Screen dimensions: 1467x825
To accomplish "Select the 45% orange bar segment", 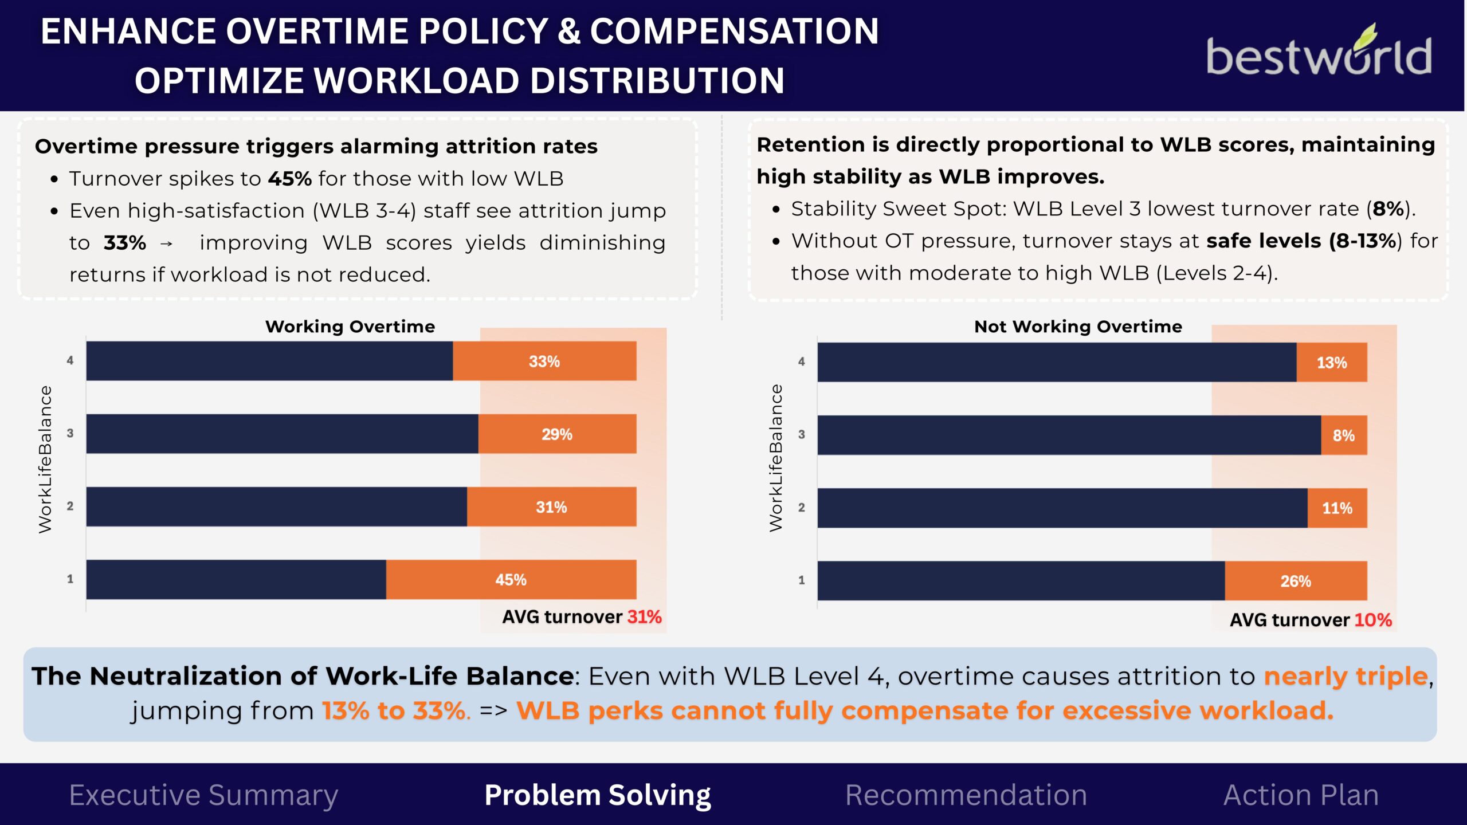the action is click(x=511, y=579).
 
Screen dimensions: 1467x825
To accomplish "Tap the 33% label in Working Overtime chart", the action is click(x=544, y=362).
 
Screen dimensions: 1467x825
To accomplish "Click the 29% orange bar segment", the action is click(x=558, y=434).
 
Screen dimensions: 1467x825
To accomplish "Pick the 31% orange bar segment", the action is click(x=552, y=506).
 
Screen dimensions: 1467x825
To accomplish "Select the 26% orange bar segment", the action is click(x=1296, y=581).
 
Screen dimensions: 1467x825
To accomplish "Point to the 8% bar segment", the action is click(x=1344, y=435).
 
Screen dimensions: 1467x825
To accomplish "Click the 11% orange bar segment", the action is click(x=1337, y=508).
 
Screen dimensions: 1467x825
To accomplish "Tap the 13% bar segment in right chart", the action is click(x=1332, y=363).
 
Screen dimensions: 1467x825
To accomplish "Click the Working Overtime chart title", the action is click(x=350, y=327).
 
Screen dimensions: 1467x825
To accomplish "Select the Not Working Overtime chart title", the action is click(x=1078, y=327).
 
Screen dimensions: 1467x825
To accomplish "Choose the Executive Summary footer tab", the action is click(x=203, y=795).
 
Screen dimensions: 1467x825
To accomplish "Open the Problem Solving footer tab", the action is click(x=598, y=795).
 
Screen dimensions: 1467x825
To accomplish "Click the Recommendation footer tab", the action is click(x=966, y=795).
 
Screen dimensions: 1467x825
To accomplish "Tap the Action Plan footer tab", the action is click(x=1301, y=795).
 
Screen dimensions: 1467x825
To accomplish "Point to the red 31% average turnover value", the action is click(x=645, y=617).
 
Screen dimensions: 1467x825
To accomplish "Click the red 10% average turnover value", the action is click(x=1373, y=620).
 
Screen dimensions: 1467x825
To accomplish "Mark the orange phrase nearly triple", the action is click(x=1346, y=677).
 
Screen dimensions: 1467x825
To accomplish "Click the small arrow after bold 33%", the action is click(x=166, y=244).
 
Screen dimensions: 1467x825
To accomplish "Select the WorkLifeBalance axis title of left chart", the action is click(x=45, y=459).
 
